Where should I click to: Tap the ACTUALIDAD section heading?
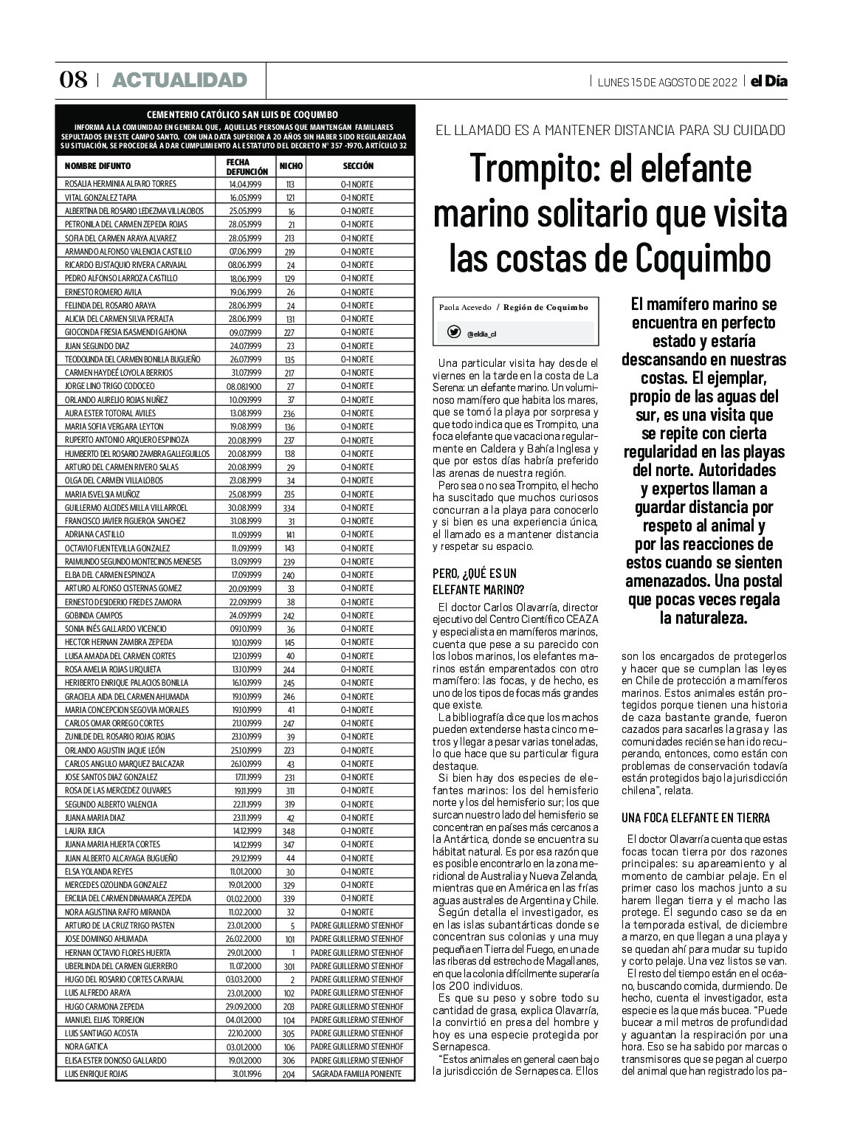(x=179, y=80)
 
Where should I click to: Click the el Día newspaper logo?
(x=768, y=81)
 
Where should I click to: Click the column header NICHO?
(x=291, y=167)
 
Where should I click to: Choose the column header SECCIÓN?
(x=358, y=167)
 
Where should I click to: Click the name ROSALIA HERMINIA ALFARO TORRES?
(x=120, y=184)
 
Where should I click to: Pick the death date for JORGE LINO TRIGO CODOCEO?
(x=244, y=386)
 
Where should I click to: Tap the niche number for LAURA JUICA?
(x=290, y=831)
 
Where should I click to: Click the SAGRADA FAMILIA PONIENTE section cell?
(x=357, y=1074)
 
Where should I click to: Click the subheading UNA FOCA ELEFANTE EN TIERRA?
(x=695, y=818)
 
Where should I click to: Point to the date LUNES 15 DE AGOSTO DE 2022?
(x=667, y=82)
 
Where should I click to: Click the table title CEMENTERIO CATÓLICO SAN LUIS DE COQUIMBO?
(x=242, y=114)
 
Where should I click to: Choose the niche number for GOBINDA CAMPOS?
(x=290, y=616)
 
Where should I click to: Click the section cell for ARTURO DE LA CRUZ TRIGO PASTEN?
(x=357, y=926)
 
